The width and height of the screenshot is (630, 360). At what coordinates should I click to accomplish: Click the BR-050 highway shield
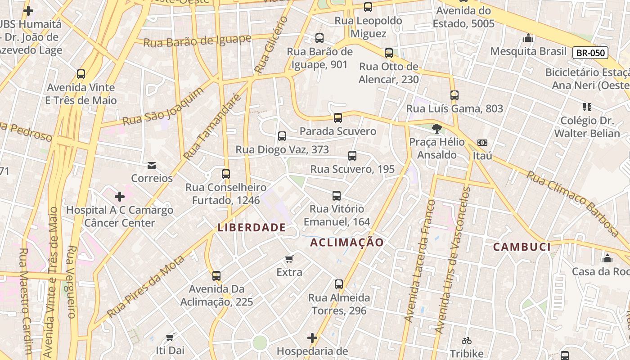(x=590, y=53)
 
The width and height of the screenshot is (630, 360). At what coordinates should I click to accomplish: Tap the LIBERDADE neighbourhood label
(x=252, y=227)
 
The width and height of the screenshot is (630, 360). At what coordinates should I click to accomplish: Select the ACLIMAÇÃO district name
(x=347, y=243)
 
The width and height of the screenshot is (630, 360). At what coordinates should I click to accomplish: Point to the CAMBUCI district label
(x=522, y=247)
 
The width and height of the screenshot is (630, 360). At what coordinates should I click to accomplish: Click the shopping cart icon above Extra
(x=289, y=259)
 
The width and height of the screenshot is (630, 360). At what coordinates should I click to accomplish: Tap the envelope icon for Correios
(x=152, y=165)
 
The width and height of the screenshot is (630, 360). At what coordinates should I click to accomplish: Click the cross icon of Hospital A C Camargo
(x=120, y=197)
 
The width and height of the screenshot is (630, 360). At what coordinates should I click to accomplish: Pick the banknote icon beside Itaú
(x=482, y=143)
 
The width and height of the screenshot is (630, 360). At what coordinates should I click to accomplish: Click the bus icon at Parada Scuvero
(x=338, y=118)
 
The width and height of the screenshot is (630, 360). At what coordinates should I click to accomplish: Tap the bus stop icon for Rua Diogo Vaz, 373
(x=282, y=136)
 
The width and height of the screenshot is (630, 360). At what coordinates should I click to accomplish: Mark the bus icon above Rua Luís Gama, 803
(x=454, y=95)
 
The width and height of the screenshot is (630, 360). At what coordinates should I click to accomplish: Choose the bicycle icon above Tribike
(x=467, y=341)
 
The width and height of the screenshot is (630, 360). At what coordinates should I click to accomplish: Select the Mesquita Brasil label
(x=528, y=51)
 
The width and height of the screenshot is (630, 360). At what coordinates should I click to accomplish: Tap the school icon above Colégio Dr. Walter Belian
(x=587, y=107)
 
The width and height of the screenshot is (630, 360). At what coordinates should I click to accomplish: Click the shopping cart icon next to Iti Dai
(x=170, y=337)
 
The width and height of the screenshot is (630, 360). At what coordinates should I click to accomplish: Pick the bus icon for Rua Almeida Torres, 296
(x=339, y=284)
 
